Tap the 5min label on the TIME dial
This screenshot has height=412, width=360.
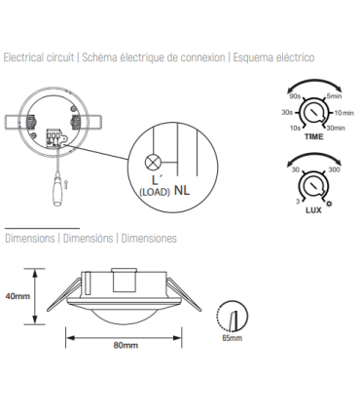334,95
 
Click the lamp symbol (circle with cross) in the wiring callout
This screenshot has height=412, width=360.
152,164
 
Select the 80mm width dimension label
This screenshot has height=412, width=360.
125,346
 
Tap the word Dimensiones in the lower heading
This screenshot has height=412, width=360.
149,238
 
